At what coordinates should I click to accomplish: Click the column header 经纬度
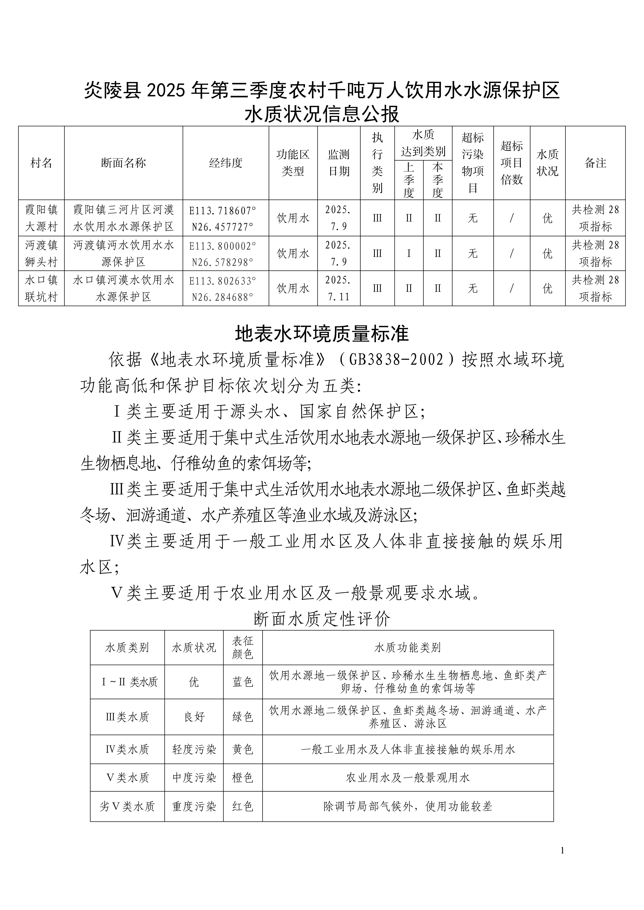(x=226, y=163)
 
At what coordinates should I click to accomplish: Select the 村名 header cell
(x=41, y=163)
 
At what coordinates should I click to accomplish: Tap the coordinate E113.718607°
(x=223, y=210)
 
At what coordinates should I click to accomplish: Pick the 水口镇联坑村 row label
(x=41, y=288)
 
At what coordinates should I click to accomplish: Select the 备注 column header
(x=595, y=163)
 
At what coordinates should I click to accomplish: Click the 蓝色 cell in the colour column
(x=243, y=682)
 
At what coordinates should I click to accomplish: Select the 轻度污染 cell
(x=194, y=749)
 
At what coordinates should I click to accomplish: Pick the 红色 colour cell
(x=243, y=806)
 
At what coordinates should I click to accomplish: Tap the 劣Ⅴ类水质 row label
(x=127, y=806)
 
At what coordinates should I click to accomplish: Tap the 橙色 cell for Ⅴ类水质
(x=243, y=778)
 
